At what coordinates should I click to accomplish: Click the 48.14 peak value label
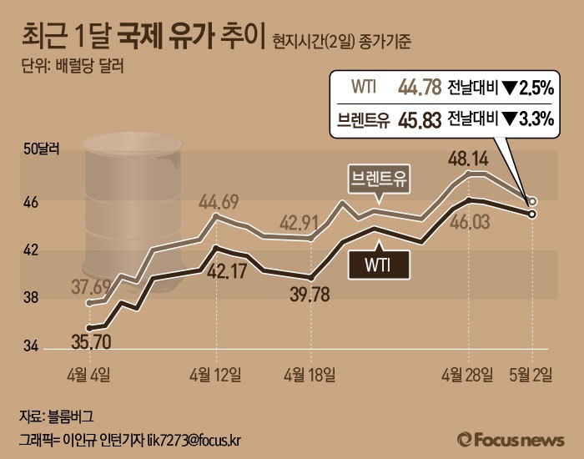pos(468,158)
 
